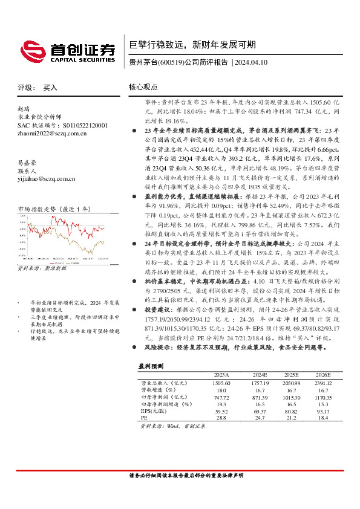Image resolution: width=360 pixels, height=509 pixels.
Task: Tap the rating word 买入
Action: (x=51, y=88)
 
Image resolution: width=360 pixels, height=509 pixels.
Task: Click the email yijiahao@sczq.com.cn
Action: (x=47, y=178)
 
